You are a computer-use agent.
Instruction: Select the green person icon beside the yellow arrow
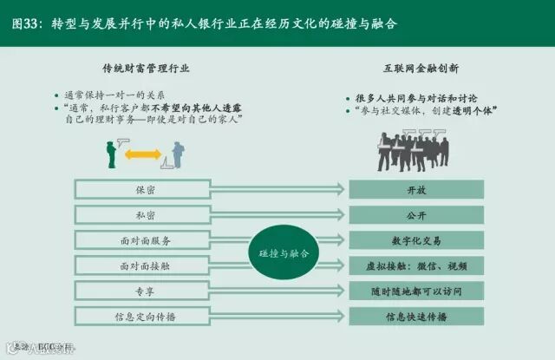tap(111, 154)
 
